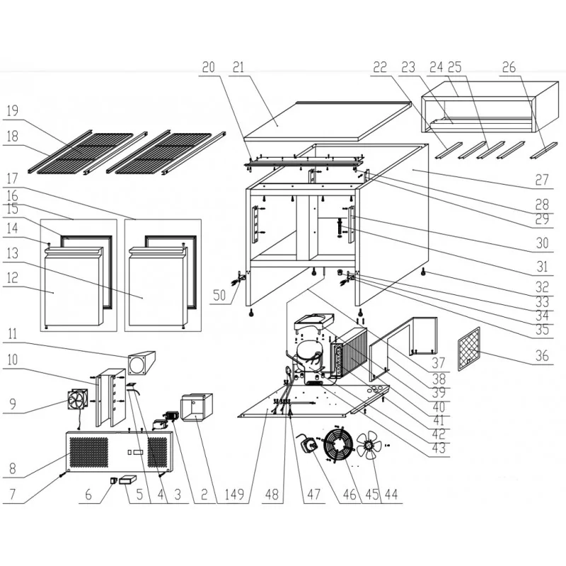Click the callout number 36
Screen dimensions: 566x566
click(542, 356)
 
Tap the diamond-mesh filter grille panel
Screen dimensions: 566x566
click(469, 349)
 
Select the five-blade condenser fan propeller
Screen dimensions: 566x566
click(369, 446)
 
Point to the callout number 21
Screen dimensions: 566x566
click(238, 67)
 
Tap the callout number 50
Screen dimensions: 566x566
click(219, 295)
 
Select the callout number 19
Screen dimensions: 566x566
click(12, 110)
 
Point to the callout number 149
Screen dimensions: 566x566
click(234, 494)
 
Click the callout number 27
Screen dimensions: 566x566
click(542, 180)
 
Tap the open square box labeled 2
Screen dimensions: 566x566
click(197, 408)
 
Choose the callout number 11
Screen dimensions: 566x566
click(12, 333)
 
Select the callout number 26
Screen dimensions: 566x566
click(509, 67)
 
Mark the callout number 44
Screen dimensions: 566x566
click(391, 494)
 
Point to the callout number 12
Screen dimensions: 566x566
click(12, 277)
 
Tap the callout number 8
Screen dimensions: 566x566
click(12, 468)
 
